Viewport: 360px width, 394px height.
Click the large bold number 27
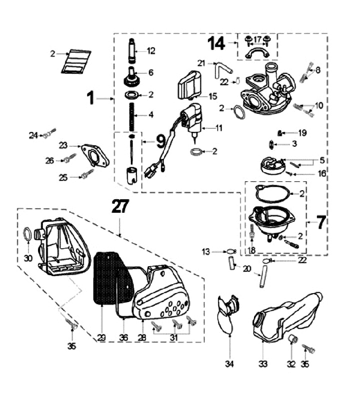119,207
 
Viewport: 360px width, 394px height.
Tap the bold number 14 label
217,43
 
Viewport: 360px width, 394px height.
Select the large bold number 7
320,222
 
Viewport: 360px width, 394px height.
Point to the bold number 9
160,141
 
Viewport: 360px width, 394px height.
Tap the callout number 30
28,258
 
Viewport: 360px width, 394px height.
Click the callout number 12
151,50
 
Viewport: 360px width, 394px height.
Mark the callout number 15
212,95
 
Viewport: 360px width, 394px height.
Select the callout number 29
101,338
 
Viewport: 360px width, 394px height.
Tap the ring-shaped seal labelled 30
29,234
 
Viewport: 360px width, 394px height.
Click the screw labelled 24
48,134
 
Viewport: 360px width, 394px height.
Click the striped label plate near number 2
76,61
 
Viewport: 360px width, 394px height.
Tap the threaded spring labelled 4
133,115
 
